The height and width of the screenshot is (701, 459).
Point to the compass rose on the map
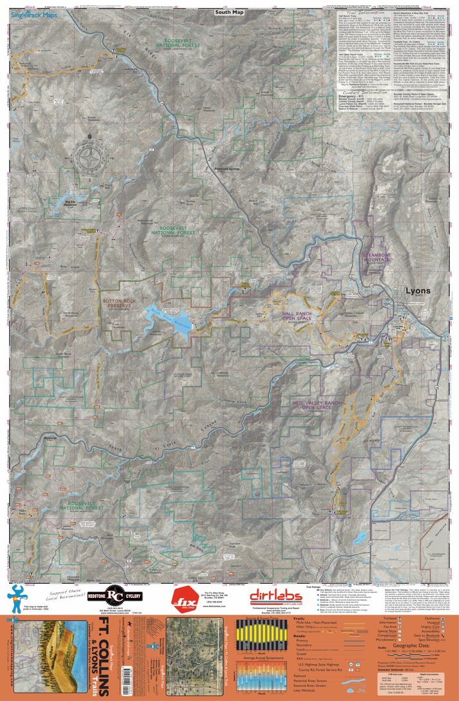[91, 156]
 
